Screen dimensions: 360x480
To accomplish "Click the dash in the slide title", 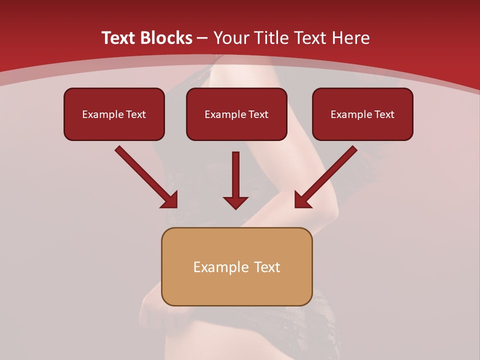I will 202,38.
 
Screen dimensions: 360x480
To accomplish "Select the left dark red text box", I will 114,114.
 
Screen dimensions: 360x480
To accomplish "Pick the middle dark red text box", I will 236,114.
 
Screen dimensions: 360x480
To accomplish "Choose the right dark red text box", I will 362,114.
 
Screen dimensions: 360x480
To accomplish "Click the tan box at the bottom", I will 236,266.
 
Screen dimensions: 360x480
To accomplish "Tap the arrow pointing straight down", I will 235,180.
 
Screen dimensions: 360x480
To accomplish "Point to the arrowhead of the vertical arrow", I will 235,202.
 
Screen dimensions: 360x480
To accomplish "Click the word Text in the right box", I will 384,114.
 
